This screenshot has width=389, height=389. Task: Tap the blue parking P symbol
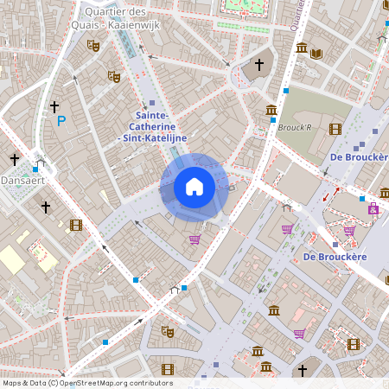pyautogui.click(x=61, y=122)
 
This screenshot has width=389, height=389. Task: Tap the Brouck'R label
pyautogui.click(x=294, y=127)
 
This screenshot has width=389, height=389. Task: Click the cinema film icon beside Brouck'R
pyautogui.click(x=335, y=129)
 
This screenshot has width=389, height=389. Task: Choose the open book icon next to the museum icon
pyautogui.click(x=316, y=53)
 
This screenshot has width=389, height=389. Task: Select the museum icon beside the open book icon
pyautogui.click(x=302, y=48)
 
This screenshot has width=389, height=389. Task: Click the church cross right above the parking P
pyautogui.click(x=54, y=106)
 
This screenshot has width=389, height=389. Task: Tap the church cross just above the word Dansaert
pyautogui.click(x=14, y=160)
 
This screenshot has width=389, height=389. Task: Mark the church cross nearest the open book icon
pyautogui.click(x=258, y=65)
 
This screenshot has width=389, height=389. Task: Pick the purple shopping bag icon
pyautogui.click(x=373, y=208)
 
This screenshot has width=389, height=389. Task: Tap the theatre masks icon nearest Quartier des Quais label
pyautogui.click(x=93, y=45)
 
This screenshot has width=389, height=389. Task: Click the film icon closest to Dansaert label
pyautogui.click(x=76, y=226)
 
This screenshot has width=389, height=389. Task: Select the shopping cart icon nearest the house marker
pyautogui.click(x=195, y=239)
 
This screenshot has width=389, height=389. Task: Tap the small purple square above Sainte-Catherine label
pyautogui.click(x=152, y=102)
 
